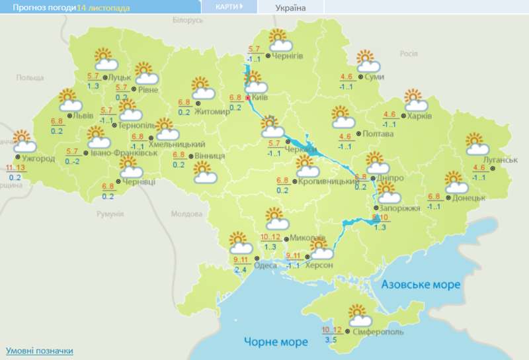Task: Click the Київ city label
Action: pyautogui.click(x=259, y=97)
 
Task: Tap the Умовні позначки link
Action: pyautogui.click(x=39, y=350)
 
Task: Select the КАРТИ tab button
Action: pyautogui.click(x=229, y=7)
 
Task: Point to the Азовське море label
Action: pyautogui.click(x=421, y=284)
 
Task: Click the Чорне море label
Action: pyautogui.click(x=276, y=342)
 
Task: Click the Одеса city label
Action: pyautogui.click(x=265, y=265)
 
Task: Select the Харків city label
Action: pyautogui.click(x=420, y=116)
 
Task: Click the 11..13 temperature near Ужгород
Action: pyautogui.click(x=15, y=168)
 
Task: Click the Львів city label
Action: pyautogui.click(x=83, y=115)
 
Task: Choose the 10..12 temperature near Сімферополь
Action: pyautogui.click(x=331, y=330)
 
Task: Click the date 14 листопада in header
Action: pyautogui.click(x=103, y=7)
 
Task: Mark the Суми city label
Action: pyautogui.click(x=374, y=77)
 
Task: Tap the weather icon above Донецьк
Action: pyautogui.click(x=456, y=182)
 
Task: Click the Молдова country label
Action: pyautogui.click(x=186, y=214)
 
